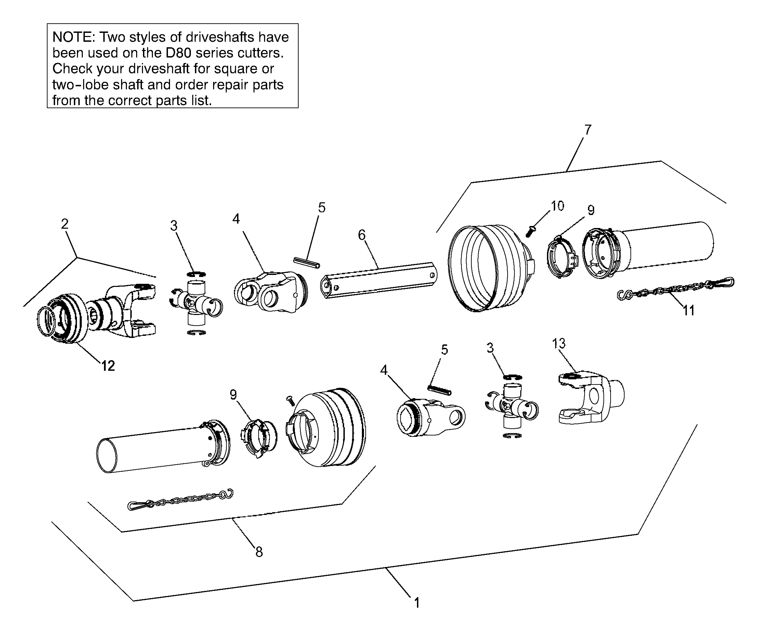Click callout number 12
108,366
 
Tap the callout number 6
362,235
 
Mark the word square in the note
242,69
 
